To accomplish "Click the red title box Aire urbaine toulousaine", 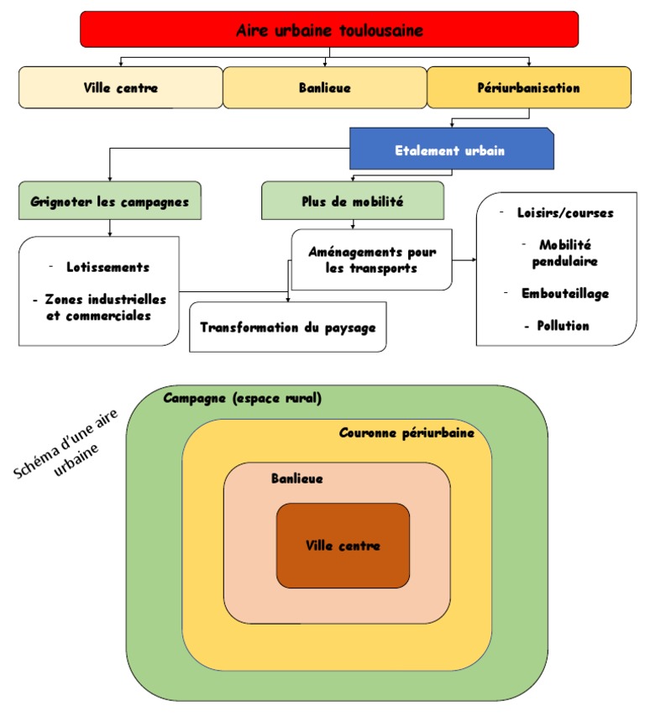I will pos(329,30).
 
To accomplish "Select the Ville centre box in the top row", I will pos(121,87).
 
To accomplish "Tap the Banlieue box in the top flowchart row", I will pos(324,87).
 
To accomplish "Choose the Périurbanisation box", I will pos(528,87).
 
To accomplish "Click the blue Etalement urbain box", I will pos(451,150).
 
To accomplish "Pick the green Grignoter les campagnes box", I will pos(110,201).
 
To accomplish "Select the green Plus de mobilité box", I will pos(352,201).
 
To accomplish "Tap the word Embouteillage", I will pos(564,294).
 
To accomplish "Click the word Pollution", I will pos(563,326).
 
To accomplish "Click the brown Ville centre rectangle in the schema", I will pos(343,547).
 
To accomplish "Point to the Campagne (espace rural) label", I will pos(242,399).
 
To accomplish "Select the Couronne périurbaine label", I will pos(406,434).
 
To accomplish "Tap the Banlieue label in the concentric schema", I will pos(296,479).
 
